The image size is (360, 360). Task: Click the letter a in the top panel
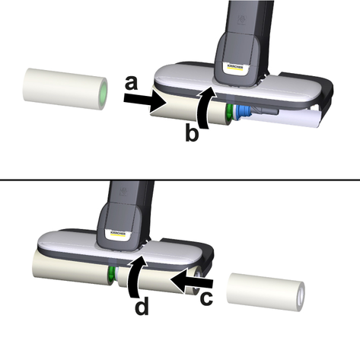[132, 84]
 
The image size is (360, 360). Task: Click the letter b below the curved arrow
[192, 132]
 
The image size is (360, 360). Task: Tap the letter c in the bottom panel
[206, 298]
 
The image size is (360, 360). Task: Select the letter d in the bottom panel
[142, 306]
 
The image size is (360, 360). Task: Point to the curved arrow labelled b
[204, 108]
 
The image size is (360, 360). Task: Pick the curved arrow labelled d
[134, 276]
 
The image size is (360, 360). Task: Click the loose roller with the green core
[65, 89]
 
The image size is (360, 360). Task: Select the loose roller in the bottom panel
[266, 292]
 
